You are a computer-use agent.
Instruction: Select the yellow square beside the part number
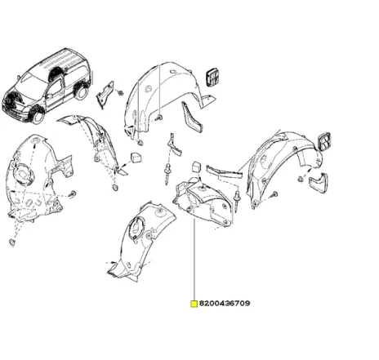(x=194, y=304)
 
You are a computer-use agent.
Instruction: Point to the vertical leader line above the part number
(x=194, y=261)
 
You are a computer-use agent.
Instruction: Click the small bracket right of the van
(x=106, y=96)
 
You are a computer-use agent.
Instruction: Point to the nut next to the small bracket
(x=121, y=92)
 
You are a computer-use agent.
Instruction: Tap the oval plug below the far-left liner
(x=13, y=242)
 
